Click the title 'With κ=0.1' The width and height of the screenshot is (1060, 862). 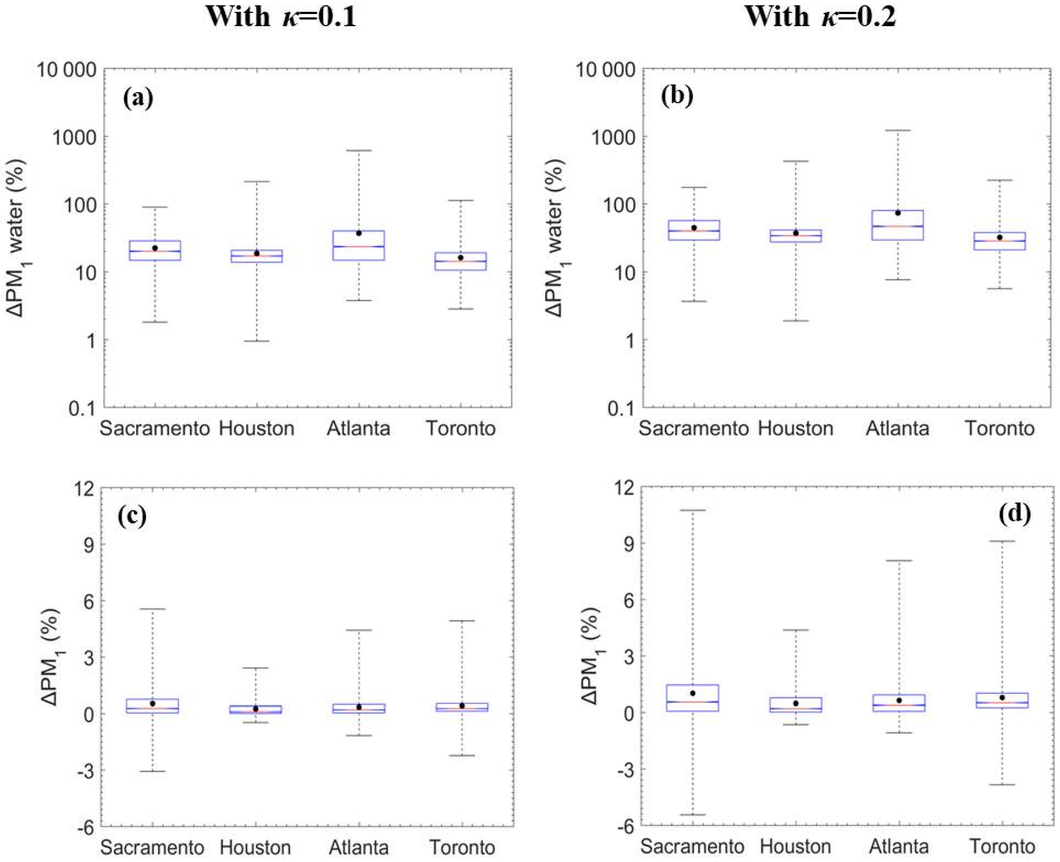[x=281, y=16]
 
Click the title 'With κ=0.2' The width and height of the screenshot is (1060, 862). [x=820, y=16]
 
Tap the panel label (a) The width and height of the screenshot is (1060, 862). [x=138, y=98]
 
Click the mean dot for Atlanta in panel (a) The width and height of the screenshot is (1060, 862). [x=359, y=233]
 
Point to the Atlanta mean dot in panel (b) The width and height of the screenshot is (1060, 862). [x=898, y=213]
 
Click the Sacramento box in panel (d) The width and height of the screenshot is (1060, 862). [x=693, y=698]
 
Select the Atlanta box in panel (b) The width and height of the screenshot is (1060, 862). [x=898, y=225]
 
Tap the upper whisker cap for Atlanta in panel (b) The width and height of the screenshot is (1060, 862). [x=898, y=131]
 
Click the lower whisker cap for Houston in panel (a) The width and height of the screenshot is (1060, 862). [x=257, y=341]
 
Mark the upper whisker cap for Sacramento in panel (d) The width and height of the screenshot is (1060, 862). [x=693, y=510]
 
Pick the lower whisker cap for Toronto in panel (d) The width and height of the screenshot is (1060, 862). [x=1002, y=784]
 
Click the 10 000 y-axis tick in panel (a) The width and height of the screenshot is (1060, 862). [x=67, y=70]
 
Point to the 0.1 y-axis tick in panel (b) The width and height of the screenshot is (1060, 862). [x=621, y=408]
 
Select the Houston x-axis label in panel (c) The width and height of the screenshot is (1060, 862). [x=256, y=847]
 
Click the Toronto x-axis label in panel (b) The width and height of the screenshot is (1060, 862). [x=1000, y=428]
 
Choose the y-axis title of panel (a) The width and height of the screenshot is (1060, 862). [x=17, y=238]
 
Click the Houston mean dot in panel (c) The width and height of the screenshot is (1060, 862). [x=256, y=709]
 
